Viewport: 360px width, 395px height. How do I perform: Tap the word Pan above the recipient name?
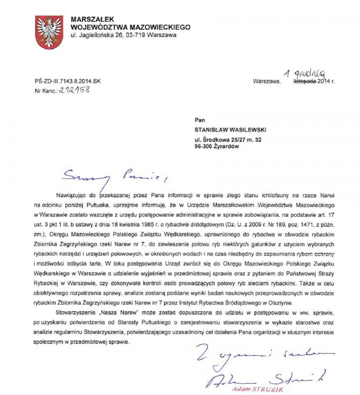click(200, 119)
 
